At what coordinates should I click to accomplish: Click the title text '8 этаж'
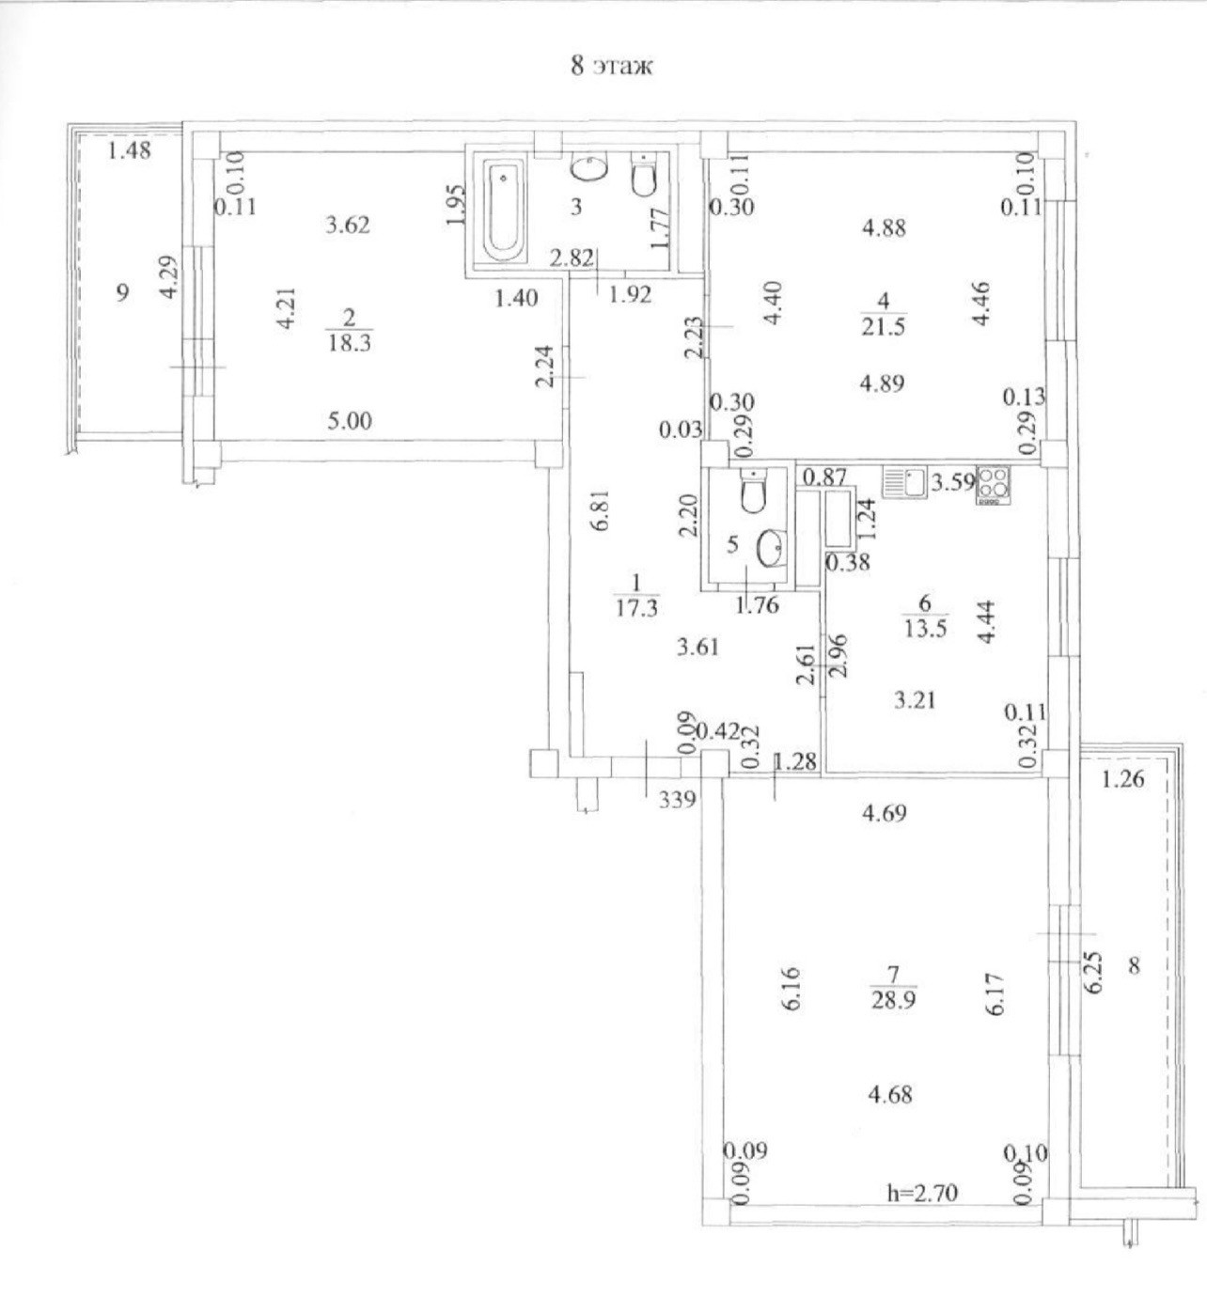(611, 67)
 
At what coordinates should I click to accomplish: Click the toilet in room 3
(644, 176)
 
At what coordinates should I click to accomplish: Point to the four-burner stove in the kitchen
(993, 486)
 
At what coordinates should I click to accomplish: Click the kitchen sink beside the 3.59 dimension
(904, 484)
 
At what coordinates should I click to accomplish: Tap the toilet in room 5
(751, 493)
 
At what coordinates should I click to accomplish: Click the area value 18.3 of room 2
(349, 343)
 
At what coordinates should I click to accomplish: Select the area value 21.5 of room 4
(882, 327)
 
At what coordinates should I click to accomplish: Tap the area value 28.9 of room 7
(892, 1001)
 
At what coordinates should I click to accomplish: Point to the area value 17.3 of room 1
(635, 607)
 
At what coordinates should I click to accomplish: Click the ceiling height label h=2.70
(921, 1194)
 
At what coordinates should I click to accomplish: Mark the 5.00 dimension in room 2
(349, 420)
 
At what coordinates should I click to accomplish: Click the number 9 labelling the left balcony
(121, 292)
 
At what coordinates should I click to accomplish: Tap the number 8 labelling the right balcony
(1134, 964)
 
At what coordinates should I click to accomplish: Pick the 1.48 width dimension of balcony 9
(129, 149)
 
